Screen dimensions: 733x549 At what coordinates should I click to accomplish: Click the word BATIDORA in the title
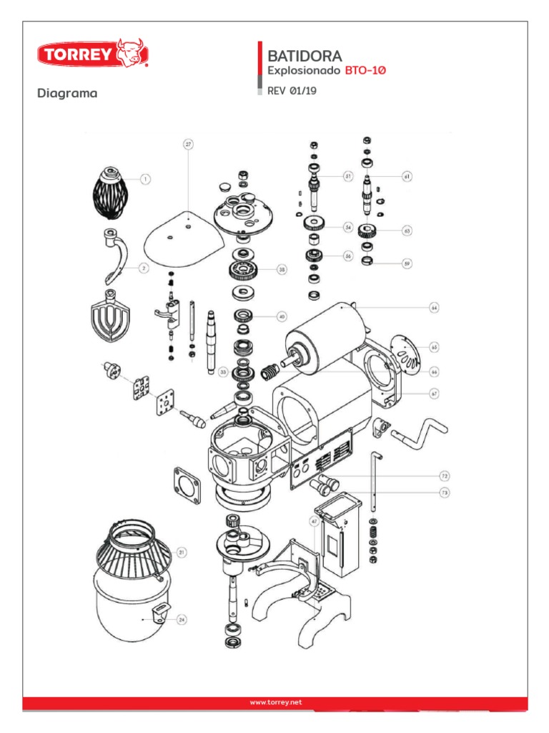304,55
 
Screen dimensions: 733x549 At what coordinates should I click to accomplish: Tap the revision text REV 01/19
292,91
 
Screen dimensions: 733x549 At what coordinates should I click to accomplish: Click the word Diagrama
67,93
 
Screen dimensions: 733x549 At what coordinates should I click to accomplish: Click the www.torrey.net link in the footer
276,702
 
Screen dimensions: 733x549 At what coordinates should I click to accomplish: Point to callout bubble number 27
189,144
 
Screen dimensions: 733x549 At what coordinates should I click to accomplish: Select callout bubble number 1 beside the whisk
144,179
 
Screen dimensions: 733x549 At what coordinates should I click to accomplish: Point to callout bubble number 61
407,175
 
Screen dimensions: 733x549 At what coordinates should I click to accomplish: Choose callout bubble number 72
443,475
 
